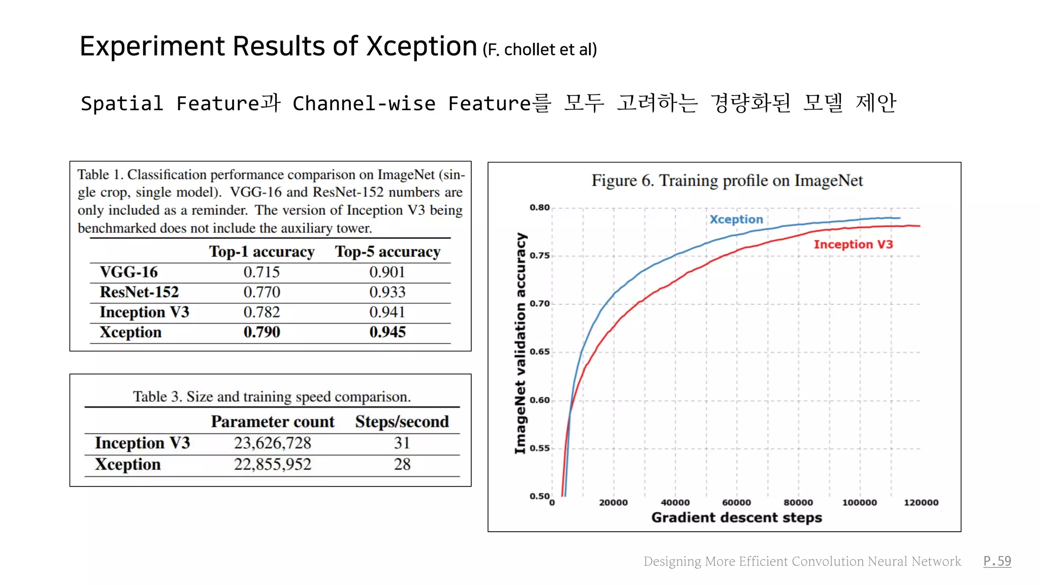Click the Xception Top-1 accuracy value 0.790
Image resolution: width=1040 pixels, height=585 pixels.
(262, 332)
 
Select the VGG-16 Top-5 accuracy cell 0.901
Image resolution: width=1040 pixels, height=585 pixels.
(387, 272)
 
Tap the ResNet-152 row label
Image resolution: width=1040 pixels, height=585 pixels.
(139, 292)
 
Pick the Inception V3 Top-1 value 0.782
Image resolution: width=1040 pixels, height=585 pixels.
(262, 312)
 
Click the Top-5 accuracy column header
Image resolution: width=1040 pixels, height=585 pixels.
(387, 252)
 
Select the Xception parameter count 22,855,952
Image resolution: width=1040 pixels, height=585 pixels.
(272, 464)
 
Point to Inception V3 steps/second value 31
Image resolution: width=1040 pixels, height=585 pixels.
(402, 443)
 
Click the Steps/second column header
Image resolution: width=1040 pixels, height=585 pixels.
(402, 421)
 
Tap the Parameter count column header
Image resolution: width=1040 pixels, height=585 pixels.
(273, 421)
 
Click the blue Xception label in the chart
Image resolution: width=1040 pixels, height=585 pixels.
(736, 219)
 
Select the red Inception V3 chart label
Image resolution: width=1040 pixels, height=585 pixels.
(853, 244)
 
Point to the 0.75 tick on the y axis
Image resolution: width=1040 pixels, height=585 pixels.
(539, 255)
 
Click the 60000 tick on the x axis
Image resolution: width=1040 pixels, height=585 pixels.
(736, 502)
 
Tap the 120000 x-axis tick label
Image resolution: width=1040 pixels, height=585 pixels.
(921, 502)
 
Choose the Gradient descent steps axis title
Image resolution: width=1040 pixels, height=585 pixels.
(736, 517)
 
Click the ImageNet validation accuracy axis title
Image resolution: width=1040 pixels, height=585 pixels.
(520, 343)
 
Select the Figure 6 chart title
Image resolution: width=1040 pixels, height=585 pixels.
(727, 181)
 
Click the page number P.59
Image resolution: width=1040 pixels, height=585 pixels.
(997, 561)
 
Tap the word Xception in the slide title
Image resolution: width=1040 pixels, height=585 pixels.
(421, 47)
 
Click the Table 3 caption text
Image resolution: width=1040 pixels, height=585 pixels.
(272, 397)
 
